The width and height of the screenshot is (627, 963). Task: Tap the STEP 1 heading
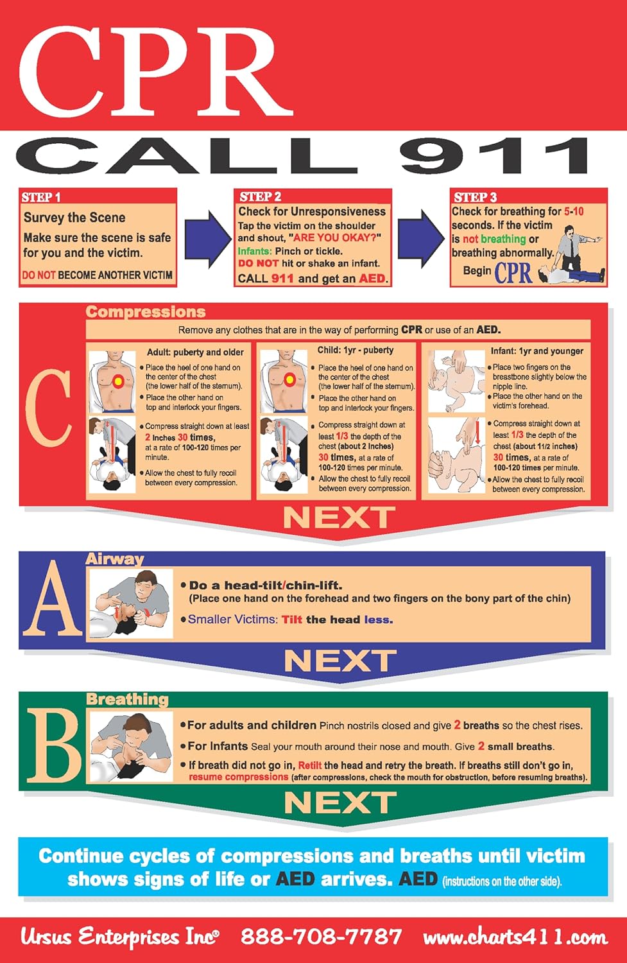coord(41,197)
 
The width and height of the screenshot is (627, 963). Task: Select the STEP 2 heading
coord(260,196)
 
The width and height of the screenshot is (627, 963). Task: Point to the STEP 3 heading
coord(475,197)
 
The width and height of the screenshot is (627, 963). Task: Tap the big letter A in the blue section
coord(53,601)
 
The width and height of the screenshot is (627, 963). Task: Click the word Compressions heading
coord(146,312)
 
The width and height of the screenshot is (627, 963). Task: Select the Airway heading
coord(115,559)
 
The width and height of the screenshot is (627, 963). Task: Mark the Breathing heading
coord(127,699)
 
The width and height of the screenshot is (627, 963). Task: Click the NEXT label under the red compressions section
coord(339,517)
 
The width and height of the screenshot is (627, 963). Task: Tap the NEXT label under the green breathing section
coord(339,802)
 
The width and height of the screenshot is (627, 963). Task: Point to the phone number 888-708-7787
coord(321,937)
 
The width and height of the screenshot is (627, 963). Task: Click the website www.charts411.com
coord(515,937)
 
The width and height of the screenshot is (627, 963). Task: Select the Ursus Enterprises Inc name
coord(119,937)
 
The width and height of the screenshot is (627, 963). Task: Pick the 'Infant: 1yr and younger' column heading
coord(537,351)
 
